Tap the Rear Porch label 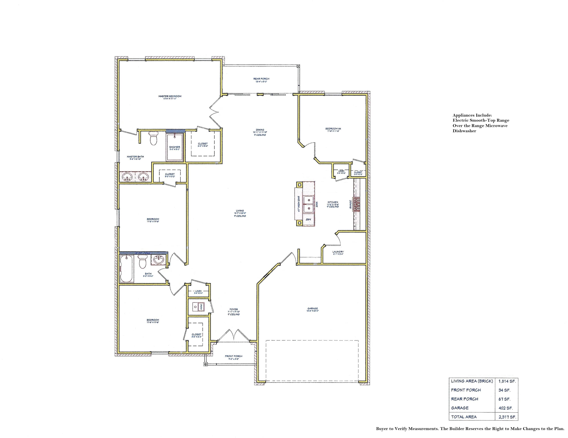[x=261, y=79]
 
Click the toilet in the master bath [x=153, y=138]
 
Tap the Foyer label [x=234, y=310]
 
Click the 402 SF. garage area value [x=506, y=408]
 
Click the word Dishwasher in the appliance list [x=464, y=131]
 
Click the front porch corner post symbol [x=205, y=364]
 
